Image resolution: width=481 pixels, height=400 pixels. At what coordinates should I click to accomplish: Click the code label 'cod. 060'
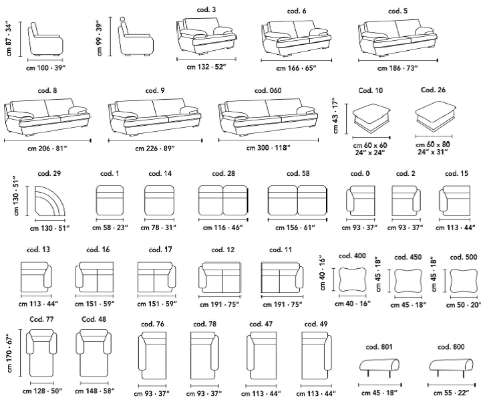[x=268, y=90]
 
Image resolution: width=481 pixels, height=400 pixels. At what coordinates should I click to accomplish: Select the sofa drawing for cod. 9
[x=154, y=116]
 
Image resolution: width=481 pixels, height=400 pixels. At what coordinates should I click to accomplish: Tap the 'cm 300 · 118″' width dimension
[x=268, y=148]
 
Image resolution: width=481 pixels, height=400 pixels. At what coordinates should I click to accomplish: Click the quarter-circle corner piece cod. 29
[x=49, y=201]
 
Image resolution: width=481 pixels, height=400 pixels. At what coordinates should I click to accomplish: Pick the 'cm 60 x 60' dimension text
[x=370, y=145]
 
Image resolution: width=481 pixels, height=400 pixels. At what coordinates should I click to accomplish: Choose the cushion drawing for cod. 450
[x=408, y=281]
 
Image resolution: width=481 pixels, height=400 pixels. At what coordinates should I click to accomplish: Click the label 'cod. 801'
[x=379, y=347]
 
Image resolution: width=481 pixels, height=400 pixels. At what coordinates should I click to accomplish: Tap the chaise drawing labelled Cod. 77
[x=41, y=353]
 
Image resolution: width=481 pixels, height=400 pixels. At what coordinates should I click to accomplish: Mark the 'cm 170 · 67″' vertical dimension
[x=9, y=353]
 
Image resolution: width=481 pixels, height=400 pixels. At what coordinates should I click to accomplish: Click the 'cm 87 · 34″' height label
[x=9, y=39]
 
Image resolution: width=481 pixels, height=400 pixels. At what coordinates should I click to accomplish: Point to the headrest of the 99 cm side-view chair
[x=123, y=19]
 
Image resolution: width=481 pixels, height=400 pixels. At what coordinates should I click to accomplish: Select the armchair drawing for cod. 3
[x=206, y=35]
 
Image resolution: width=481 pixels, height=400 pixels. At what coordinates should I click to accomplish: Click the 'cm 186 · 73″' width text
[x=397, y=68]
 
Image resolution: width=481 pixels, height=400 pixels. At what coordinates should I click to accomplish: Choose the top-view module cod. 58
[x=297, y=200]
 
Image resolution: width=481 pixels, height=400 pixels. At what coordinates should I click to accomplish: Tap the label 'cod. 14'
[x=160, y=174]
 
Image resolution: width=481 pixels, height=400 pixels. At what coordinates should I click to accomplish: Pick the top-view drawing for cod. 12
[x=220, y=278]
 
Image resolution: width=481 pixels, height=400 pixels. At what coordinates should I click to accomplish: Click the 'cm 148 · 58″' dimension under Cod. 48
[x=94, y=391]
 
